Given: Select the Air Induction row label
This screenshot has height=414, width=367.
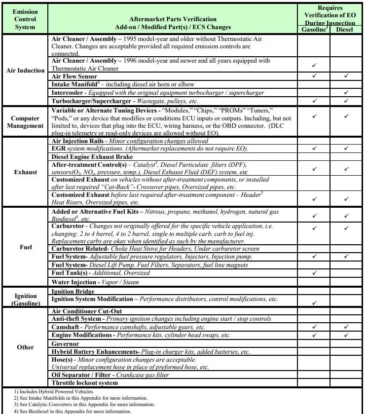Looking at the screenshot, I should click(x=25, y=70).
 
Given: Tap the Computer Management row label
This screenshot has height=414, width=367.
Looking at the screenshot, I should click(x=25, y=121).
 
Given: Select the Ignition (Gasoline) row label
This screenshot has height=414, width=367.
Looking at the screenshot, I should click(x=25, y=299).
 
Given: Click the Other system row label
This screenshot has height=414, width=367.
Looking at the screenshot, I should click(x=25, y=347).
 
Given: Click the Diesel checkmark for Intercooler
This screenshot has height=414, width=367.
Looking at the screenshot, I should click(x=346, y=93).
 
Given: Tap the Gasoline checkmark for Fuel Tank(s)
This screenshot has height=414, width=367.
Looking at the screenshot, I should click(x=314, y=273).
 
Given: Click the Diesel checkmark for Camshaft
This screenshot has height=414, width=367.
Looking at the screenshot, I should click(x=346, y=327).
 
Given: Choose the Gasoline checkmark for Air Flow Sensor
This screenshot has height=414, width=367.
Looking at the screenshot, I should click(x=314, y=76).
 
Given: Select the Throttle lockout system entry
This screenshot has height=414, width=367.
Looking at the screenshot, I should click(x=84, y=383).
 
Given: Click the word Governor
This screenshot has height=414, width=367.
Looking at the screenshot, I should click(x=65, y=343).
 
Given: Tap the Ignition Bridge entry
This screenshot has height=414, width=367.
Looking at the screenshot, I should click(x=73, y=292).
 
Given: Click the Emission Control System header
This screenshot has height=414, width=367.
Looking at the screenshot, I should click(x=25, y=18).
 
